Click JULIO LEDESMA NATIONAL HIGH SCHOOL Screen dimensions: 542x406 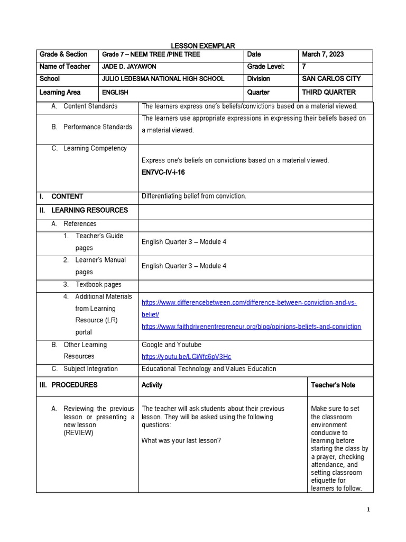click(163, 79)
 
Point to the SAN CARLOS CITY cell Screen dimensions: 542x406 click(331, 79)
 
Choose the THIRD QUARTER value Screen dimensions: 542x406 click(328, 92)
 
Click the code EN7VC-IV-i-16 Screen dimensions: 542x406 click(163, 173)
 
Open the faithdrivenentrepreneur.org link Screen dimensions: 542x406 click(251, 327)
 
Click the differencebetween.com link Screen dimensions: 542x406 click(249, 302)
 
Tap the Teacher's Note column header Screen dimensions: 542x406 click(333, 385)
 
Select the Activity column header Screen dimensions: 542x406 click(152, 385)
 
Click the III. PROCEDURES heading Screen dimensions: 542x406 click(69, 385)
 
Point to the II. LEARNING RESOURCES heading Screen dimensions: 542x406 click(84, 210)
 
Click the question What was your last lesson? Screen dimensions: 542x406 click(181, 440)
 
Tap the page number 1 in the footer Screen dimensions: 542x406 click(368, 509)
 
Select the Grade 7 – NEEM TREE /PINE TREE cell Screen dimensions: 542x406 click(151, 55)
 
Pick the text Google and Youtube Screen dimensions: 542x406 click(171, 345)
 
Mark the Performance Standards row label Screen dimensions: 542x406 click(97, 127)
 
